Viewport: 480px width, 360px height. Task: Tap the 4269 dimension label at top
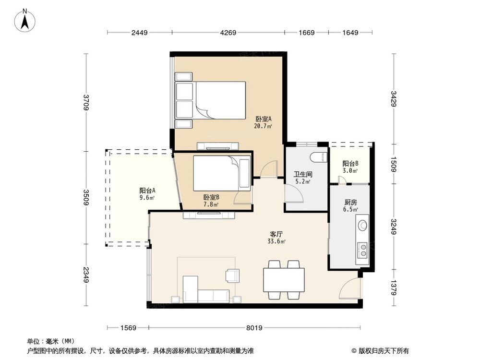tap(228, 33)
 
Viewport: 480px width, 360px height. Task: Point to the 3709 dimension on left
tap(86, 102)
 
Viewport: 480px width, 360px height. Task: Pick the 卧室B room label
tap(211, 197)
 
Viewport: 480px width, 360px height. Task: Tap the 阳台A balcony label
tap(147, 190)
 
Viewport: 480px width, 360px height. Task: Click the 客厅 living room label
tap(276, 234)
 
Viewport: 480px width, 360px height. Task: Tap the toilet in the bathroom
tap(317, 157)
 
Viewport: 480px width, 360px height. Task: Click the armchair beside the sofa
tap(233, 275)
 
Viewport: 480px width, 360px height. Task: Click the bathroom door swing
tap(294, 194)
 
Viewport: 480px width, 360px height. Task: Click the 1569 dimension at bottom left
tap(128, 328)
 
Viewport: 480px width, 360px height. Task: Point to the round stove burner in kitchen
tap(363, 224)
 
